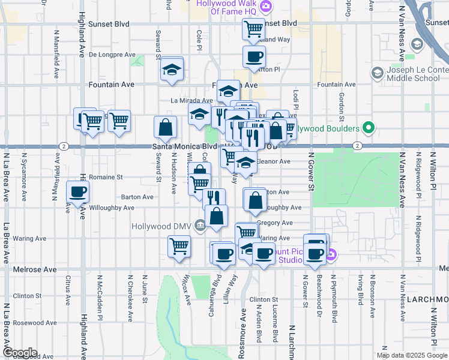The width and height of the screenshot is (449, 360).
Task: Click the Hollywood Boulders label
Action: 328,128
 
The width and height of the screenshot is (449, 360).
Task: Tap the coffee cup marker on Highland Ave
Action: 77,192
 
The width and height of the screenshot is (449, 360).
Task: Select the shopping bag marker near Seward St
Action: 165,127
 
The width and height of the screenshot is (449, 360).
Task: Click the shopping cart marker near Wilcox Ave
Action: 179,245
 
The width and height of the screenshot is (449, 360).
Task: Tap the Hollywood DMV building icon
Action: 200,226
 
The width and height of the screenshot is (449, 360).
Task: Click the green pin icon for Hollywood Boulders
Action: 370,128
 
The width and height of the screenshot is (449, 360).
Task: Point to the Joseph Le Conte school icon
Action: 377,74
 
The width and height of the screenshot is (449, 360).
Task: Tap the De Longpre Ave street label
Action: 112,54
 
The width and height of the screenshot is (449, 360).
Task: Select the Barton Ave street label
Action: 136,196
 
